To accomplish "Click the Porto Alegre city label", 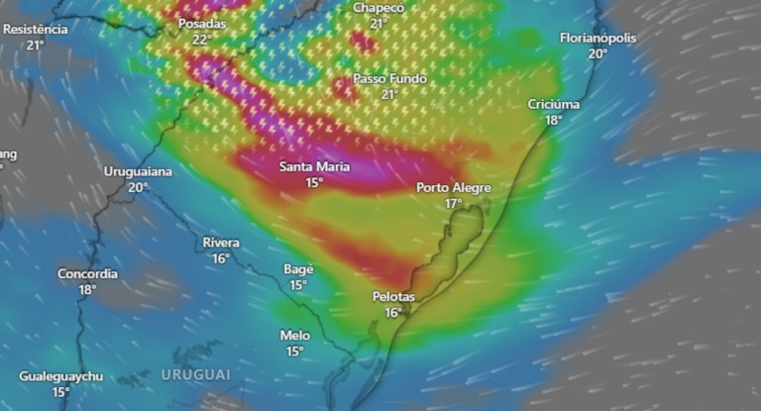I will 453,187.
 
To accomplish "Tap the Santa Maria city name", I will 314,166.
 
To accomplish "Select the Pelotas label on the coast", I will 393,297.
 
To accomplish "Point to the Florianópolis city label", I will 598,38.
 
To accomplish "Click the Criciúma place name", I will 554,104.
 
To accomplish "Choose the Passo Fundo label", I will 389,78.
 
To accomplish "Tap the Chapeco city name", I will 379,8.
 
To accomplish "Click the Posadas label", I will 201,24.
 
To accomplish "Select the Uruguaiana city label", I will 138,171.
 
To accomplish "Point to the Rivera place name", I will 221,243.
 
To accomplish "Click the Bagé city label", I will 298,268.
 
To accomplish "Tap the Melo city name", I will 294,336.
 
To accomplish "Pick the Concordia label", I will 87,273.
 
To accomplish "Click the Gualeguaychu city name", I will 60,377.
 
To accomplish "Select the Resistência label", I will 36,29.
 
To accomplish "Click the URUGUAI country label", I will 195,375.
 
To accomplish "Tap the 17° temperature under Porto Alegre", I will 453,203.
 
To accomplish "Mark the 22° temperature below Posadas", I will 201,40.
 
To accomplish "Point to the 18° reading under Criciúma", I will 553,120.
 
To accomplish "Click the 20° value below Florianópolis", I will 597,53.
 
